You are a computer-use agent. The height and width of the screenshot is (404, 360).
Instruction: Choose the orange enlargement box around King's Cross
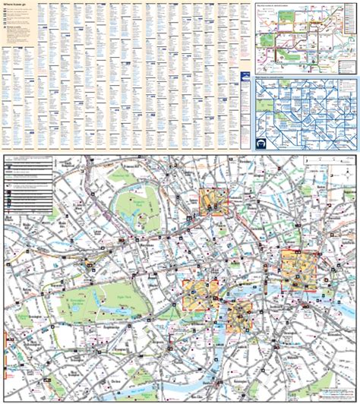212,201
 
